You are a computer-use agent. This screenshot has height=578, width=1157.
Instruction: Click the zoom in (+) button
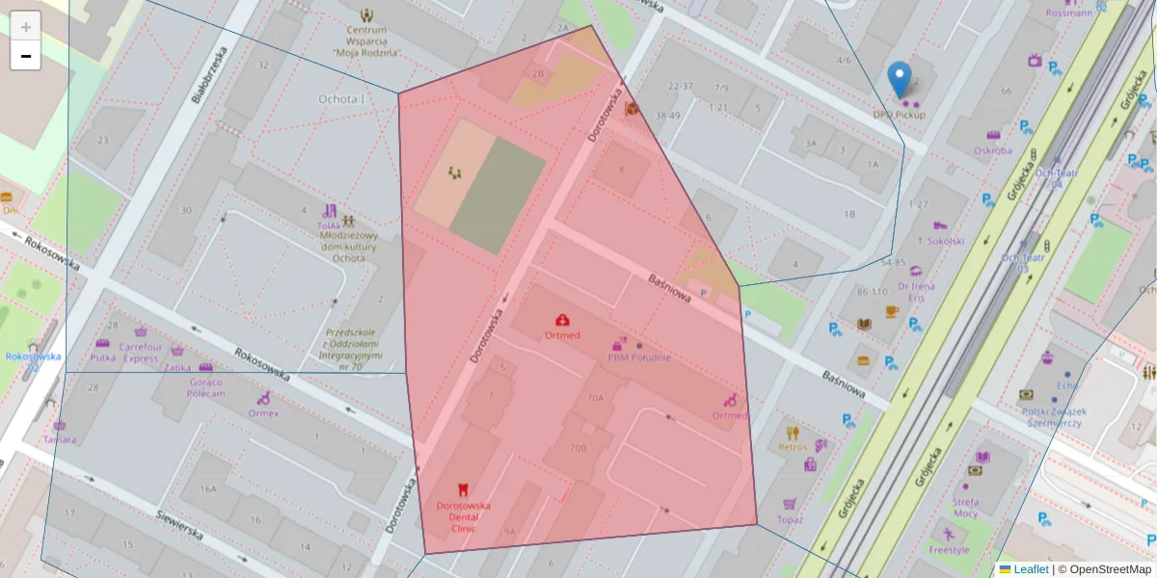(x=26, y=26)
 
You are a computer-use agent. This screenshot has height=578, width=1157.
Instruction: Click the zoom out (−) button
(x=26, y=56)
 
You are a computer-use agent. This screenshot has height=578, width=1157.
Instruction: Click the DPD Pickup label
(x=899, y=115)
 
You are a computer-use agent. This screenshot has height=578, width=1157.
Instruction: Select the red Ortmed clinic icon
(x=562, y=320)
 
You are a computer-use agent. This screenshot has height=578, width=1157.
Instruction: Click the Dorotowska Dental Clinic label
(x=464, y=512)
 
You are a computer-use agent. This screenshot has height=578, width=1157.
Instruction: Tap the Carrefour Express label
(x=141, y=353)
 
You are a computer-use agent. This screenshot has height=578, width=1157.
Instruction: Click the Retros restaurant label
(x=793, y=447)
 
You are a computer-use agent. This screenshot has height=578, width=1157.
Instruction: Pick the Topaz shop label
(x=790, y=519)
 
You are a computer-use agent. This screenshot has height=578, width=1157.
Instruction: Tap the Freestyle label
(x=949, y=550)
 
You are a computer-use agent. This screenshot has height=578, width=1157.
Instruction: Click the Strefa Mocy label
(x=965, y=508)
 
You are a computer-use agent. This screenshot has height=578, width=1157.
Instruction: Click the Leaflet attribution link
(x=1031, y=569)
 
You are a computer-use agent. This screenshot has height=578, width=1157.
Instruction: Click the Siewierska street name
(x=179, y=524)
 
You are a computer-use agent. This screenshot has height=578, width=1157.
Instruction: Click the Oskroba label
(x=992, y=150)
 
